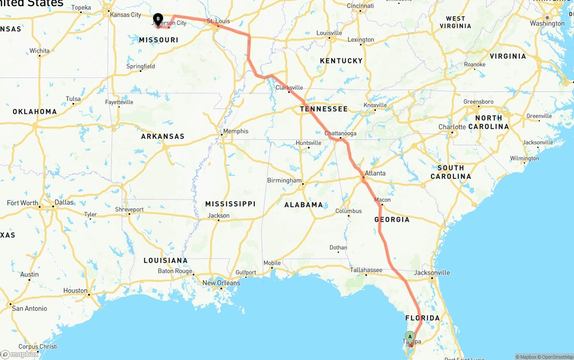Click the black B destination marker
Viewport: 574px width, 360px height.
click(x=158, y=19)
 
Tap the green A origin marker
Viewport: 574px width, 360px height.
click(x=410, y=337)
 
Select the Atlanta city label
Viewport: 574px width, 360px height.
click(x=375, y=173)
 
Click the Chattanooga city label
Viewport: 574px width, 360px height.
click(x=340, y=134)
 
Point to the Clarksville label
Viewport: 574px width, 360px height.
click(x=289, y=87)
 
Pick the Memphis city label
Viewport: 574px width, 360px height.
click(x=235, y=131)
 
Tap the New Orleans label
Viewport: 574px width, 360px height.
click(x=221, y=283)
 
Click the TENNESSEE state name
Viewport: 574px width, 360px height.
click(x=324, y=109)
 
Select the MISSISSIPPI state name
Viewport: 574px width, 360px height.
click(x=230, y=204)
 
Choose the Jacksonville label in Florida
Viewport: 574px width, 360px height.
click(x=432, y=273)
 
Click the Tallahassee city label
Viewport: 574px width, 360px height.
click(x=366, y=270)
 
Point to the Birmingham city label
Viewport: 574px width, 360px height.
click(x=284, y=180)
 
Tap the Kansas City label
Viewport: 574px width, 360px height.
click(x=126, y=15)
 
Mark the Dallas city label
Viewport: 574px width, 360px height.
click(x=64, y=202)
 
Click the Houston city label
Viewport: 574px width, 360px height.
click(x=75, y=291)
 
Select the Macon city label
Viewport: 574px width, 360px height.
click(x=383, y=200)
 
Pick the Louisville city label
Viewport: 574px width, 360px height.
click(x=330, y=33)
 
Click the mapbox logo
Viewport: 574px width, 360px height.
click(x=20, y=355)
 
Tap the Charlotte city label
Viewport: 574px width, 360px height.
click(x=452, y=127)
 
